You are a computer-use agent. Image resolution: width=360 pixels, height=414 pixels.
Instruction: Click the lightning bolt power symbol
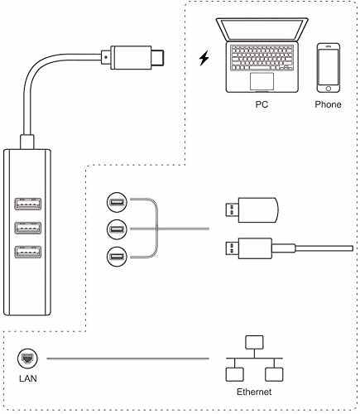(x=204, y=58)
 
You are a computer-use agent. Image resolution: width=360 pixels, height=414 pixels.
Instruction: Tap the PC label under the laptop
(x=262, y=104)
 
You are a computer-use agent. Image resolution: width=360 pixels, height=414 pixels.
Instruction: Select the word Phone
(x=328, y=104)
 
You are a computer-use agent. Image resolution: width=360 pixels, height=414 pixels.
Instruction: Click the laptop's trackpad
(x=262, y=81)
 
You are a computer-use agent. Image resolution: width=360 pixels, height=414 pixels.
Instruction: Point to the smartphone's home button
(x=328, y=89)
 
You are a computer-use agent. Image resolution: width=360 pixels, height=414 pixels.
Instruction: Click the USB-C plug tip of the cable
(x=157, y=58)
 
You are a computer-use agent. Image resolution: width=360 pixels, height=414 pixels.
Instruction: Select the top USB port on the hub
(x=28, y=204)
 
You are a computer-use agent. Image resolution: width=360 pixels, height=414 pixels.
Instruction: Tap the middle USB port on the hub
(x=28, y=228)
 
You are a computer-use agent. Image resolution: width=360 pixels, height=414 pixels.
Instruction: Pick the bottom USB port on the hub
(x=28, y=252)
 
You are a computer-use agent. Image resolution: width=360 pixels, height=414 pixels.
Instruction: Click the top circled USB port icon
(x=117, y=202)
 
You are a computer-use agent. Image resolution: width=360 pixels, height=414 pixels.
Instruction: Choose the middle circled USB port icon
(x=117, y=229)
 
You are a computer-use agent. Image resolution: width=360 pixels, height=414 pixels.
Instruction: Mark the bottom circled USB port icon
(x=117, y=257)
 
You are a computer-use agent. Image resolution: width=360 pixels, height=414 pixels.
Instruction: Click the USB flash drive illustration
(x=252, y=210)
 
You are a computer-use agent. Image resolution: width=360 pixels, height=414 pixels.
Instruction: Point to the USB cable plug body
(x=256, y=248)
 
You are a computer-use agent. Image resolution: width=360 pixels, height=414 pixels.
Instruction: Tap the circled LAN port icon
(x=28, y=359)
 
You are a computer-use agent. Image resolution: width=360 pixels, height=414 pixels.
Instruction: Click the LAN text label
(x=28, y=378)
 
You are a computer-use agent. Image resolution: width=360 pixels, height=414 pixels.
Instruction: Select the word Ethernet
(x=254, y=392)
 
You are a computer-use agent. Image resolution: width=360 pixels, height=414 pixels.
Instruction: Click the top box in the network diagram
(x=254, y=343)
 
